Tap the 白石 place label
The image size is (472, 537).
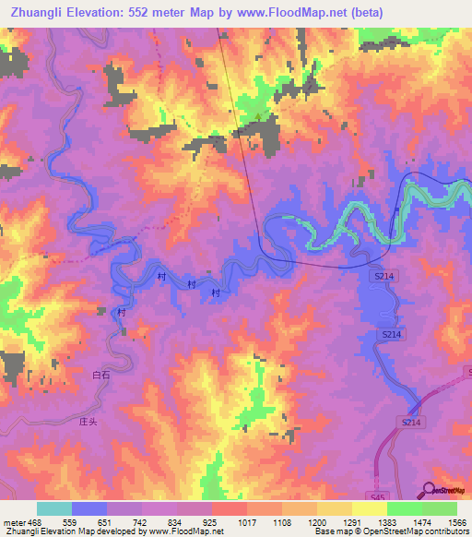click(101, 376)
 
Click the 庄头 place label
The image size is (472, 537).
click(88, 420)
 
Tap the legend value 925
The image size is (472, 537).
click(211, 522)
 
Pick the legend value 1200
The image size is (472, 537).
click(318, 522)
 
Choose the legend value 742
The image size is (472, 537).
click(140, 522)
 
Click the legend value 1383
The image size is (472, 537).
click(388, 522)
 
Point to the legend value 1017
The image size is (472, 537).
click(247, 522)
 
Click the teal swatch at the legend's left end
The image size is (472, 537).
click(53, 509)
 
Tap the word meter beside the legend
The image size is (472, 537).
click(11, 522)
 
